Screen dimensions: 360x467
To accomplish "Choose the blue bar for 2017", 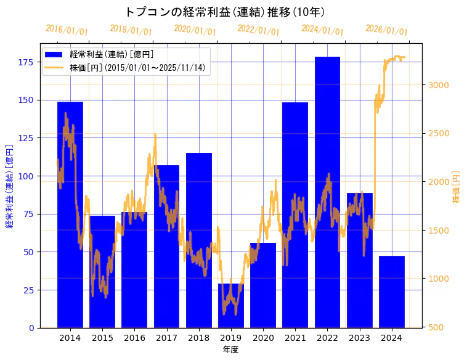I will (x=166, y=246).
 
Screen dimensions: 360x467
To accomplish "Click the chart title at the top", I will (x=225, y=12).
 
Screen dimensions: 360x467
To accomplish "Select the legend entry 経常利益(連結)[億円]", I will (x=112, y=55).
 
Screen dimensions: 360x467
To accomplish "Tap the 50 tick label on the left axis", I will (x=28, y=252).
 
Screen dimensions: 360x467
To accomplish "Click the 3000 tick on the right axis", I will (x=439, y=85).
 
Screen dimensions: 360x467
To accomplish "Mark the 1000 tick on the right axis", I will (x=439, y=279).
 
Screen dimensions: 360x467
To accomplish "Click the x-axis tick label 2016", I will (x=134, y=338).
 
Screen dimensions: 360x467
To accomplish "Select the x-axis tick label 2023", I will (x=359, y=338).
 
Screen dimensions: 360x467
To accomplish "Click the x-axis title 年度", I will (x=230, y=350).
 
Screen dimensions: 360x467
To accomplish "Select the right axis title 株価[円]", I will (x=457, y=187).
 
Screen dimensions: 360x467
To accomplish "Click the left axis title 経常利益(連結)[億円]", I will (x=9, y=187).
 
